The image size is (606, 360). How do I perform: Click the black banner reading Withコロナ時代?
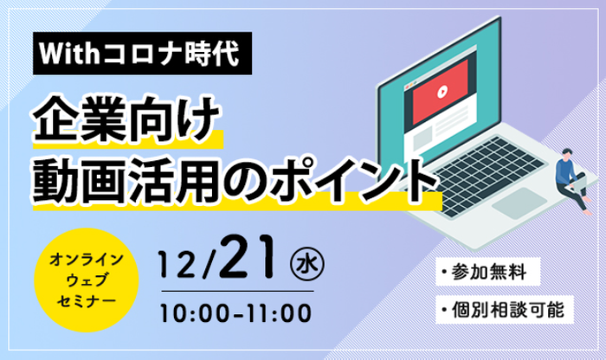(x=142, y=54)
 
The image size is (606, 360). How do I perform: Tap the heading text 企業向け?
(x=126, y=119)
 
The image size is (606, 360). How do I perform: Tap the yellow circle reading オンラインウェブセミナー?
(x=87, y=280)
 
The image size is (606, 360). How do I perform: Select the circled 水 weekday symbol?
(x=307, y=265)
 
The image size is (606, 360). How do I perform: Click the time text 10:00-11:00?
(x=235, y=313)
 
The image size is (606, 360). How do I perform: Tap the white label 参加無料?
(x=487, y=272)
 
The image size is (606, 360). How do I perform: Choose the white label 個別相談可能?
(x=505, y=310)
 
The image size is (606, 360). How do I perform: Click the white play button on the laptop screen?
(x=442, y=92)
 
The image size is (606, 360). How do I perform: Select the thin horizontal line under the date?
(x=237, y=291)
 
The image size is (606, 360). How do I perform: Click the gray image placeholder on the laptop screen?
(x=422, y=138)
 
